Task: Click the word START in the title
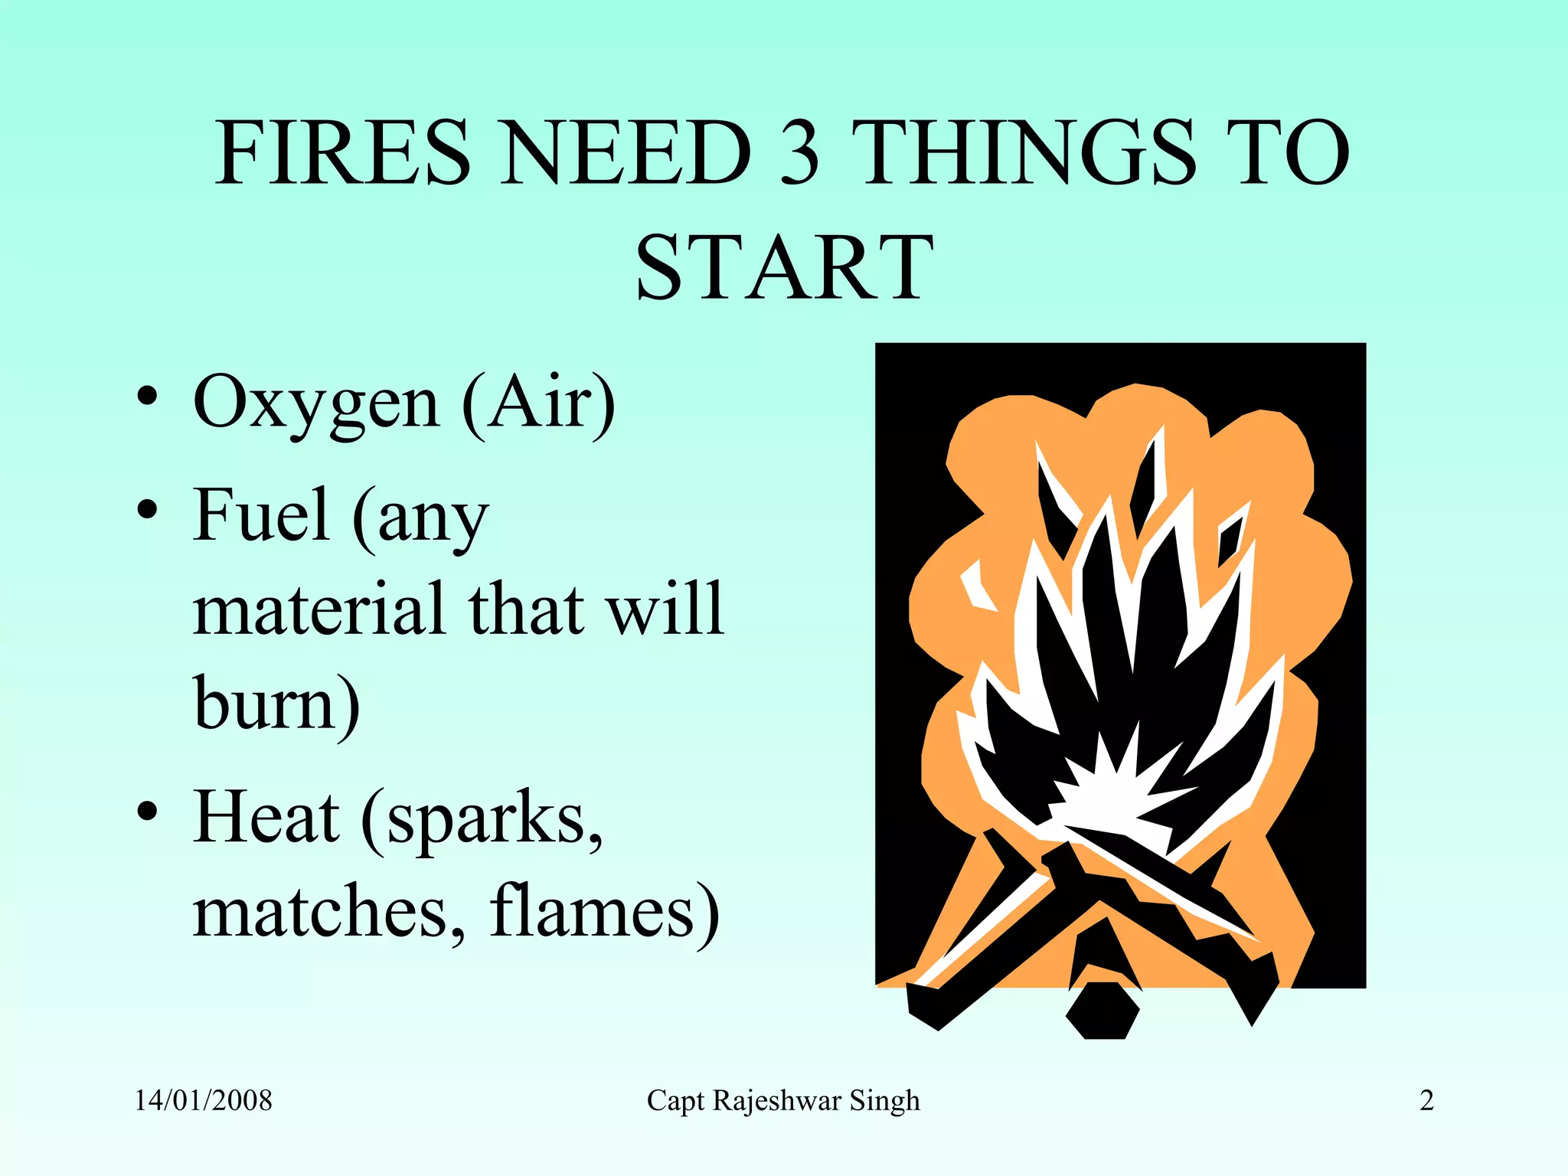(784, 268)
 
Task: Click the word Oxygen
(316, 403)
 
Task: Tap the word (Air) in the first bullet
(538, 402)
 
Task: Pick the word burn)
(276, 704)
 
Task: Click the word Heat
(266, 818)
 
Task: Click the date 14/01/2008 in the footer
(204, 1101)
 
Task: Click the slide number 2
(1426, 1101)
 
